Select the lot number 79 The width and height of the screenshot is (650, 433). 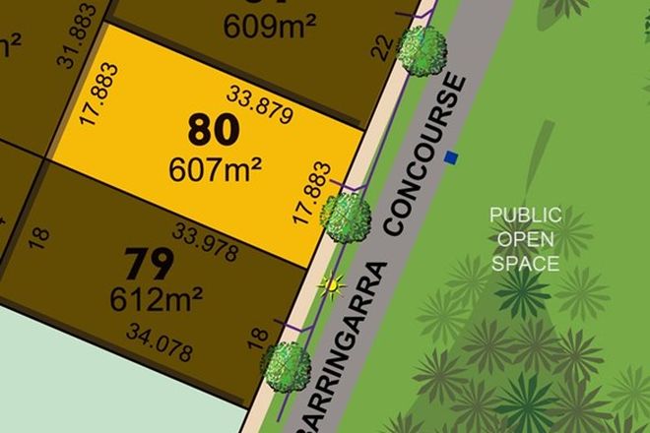click(x=151, y=263)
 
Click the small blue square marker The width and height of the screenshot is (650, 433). click(x=452, y=156)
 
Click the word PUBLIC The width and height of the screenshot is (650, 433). click(x=526, y=215)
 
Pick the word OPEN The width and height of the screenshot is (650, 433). click(x=526, y=239)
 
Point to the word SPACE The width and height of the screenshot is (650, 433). click(x=526, y=264)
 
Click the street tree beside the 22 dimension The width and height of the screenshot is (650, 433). click(x=424, y=48)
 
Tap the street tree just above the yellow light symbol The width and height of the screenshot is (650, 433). click(x=347, y=211)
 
